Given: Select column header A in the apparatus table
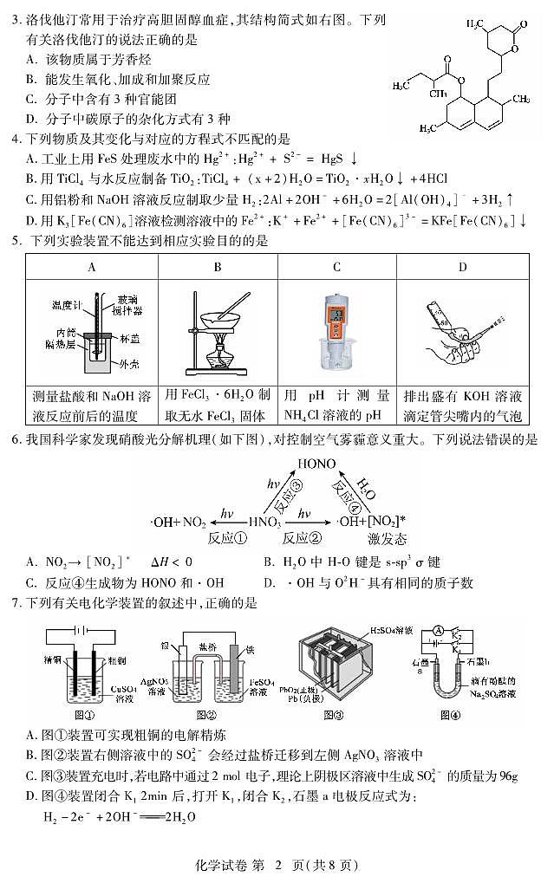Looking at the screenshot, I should click(x=92, y=267).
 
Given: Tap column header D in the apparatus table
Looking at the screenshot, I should click(x=462, y=267).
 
